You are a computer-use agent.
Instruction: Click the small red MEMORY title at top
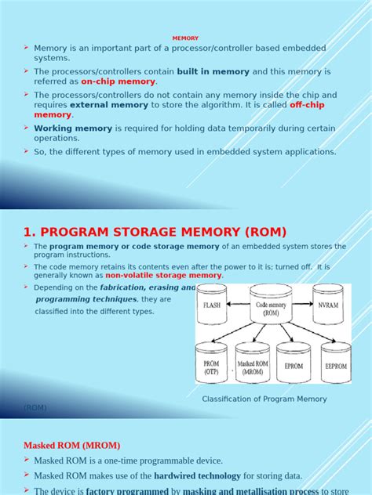[185, 38]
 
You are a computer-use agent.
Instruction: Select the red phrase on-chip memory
[119, 81]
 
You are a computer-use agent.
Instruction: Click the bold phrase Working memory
[73, 128]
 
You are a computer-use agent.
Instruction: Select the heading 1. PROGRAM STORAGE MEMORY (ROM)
[155, 232]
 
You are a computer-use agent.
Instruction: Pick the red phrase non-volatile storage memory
[163, 275]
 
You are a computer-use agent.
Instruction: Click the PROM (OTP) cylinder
[212, 365]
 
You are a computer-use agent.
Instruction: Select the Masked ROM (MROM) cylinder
[252, 365]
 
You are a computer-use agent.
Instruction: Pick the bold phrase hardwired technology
[197, 475]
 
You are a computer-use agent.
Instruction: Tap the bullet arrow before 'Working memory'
[27, 128]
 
